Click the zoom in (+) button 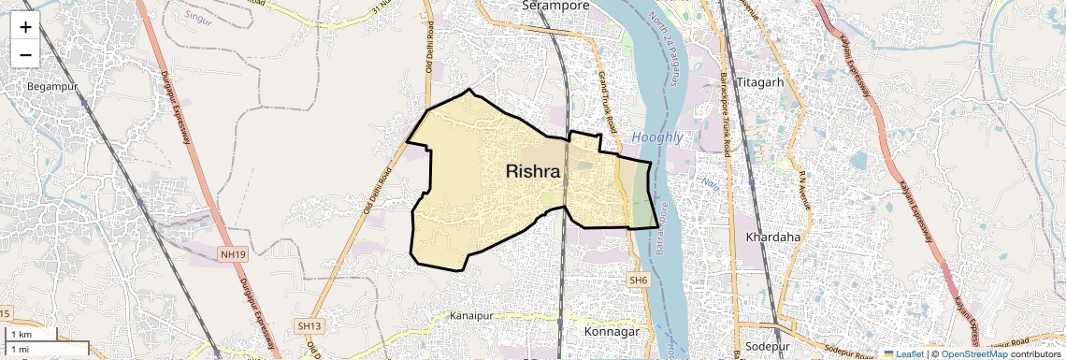click(25, 27)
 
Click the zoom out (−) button click(25, 55)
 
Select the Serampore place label click(555, 6)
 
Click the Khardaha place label click(773, 238)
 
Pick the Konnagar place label click(611, 332)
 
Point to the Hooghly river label click(657, 137)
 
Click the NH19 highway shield click(233, 254)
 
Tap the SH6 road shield click(638, 281)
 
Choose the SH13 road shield click(309, 325)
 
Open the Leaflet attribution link click(904, 354)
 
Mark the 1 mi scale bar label click(20, 349)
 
